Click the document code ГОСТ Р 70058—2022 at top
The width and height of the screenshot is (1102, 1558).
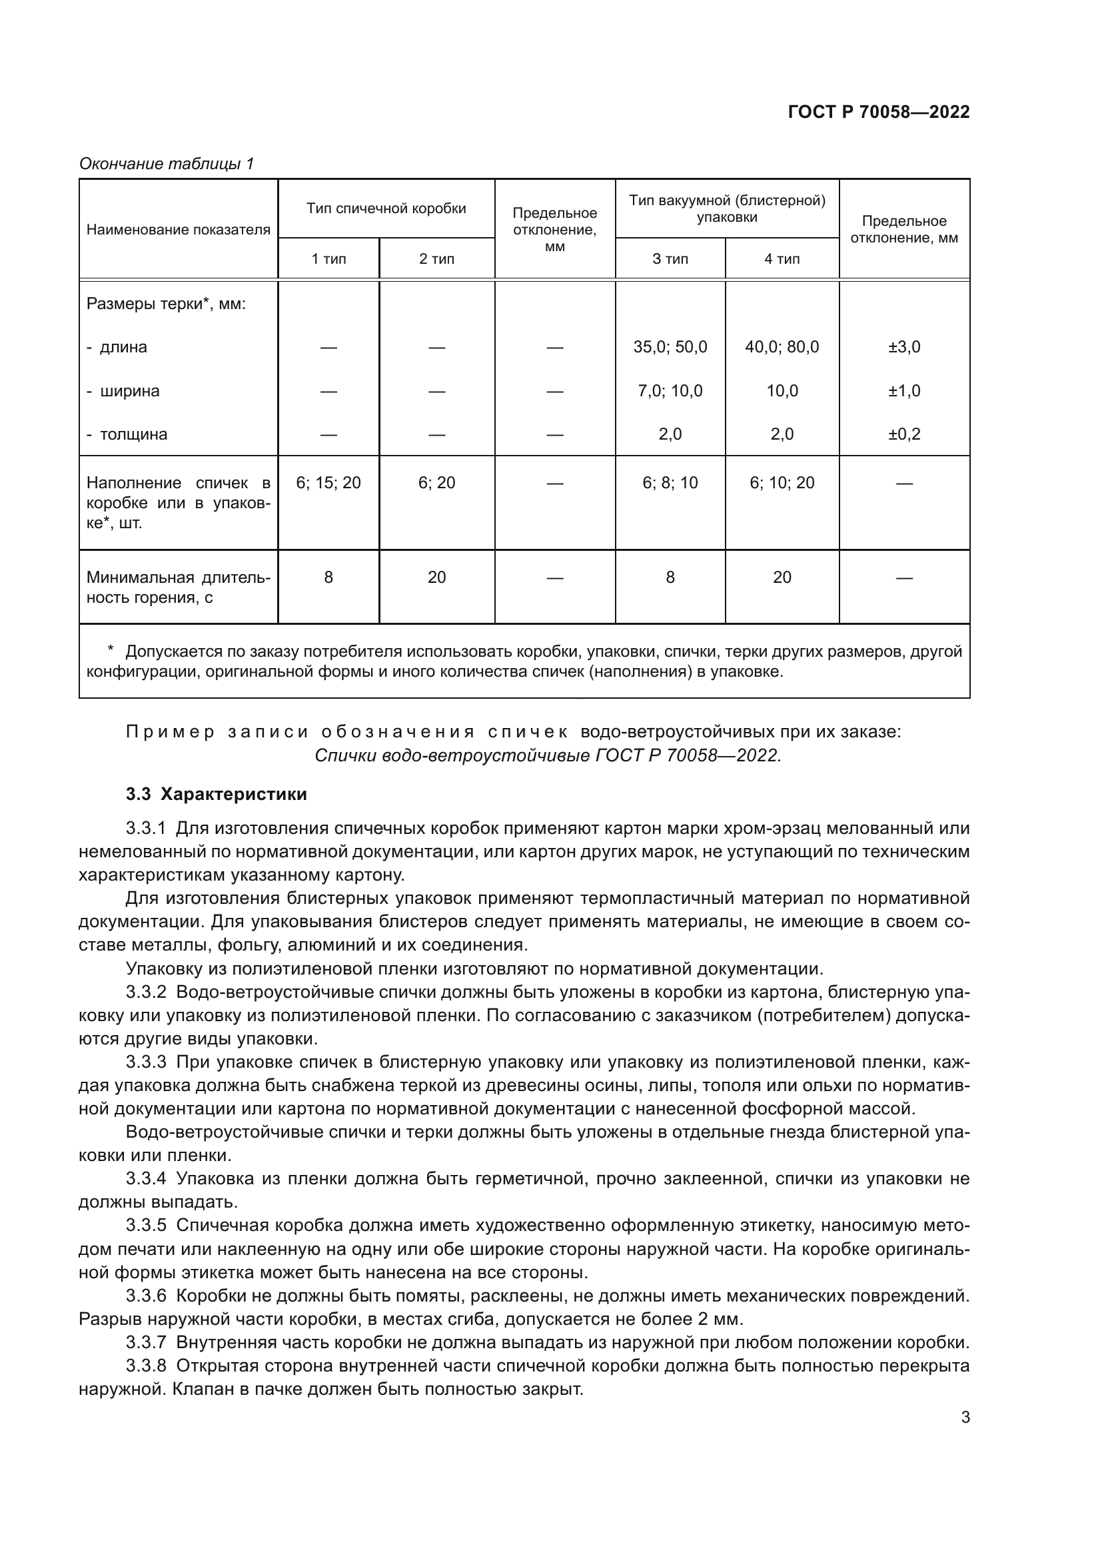point(879,113)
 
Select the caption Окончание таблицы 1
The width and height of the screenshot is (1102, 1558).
point(167,164)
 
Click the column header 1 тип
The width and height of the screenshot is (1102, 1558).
point(328,259)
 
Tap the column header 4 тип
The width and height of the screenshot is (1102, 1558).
point(782,259)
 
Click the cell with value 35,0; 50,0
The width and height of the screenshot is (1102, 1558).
point(670,348)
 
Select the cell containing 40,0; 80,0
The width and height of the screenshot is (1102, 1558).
point(782,348)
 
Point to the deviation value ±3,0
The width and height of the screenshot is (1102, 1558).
point(904,348)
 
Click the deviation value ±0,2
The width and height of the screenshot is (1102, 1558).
point(904,434)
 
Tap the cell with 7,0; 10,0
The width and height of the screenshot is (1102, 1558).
point(670,391)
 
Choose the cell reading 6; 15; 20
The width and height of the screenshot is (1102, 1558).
point(328,483)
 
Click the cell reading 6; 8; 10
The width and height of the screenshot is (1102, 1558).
point(670,483)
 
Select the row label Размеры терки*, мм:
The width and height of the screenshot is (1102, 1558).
point(166,304)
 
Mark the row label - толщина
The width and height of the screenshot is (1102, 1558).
point(127,434)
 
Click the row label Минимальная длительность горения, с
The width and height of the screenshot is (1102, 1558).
point(178,587)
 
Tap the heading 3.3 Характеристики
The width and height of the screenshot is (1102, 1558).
point(216,794)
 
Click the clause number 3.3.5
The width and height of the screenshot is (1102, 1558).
point(146,1226)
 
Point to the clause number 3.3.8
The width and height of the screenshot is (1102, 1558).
point(146,1365)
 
